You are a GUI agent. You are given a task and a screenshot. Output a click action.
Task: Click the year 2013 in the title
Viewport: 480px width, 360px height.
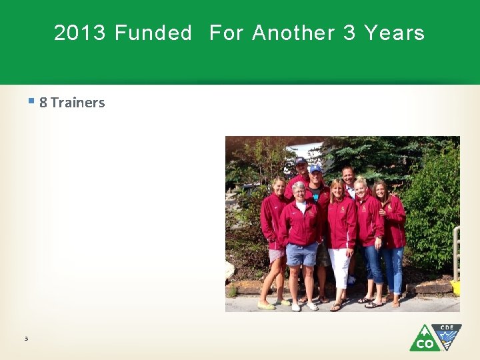79,33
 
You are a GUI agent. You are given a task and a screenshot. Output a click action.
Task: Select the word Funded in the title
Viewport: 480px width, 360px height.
153,33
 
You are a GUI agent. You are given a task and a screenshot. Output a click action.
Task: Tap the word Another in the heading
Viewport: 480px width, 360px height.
293,33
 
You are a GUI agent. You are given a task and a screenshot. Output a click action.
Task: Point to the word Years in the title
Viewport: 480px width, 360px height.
394,33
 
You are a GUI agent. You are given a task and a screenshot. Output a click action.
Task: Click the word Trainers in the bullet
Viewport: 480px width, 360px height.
77,103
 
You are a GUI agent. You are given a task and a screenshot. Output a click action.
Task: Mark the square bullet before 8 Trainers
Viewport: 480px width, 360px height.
31,101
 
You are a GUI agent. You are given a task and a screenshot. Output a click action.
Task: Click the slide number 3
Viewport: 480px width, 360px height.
26,339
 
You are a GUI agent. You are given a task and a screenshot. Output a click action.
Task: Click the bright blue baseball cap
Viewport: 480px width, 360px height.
315,169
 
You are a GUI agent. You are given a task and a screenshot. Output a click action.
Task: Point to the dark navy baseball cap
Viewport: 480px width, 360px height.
301,161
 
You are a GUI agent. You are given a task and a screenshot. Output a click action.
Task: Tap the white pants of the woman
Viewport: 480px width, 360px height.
339,267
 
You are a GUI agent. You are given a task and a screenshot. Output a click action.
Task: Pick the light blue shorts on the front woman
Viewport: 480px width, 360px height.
301,253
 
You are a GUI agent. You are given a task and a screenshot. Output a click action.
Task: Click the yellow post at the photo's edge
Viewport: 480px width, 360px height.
456,287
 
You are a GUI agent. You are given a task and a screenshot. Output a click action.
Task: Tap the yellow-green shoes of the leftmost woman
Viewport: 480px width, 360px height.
266,305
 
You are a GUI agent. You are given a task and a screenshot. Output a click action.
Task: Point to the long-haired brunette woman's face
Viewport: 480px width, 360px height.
381,190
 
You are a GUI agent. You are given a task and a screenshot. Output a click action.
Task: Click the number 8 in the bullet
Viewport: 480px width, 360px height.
43,103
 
